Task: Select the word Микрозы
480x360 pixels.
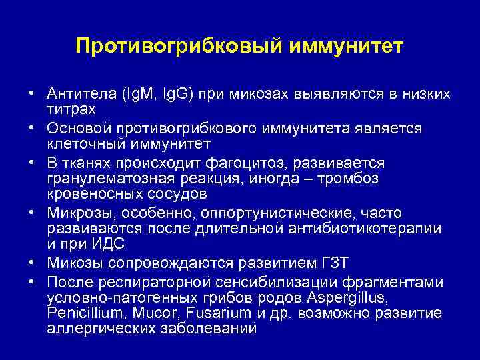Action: (76, 213)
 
